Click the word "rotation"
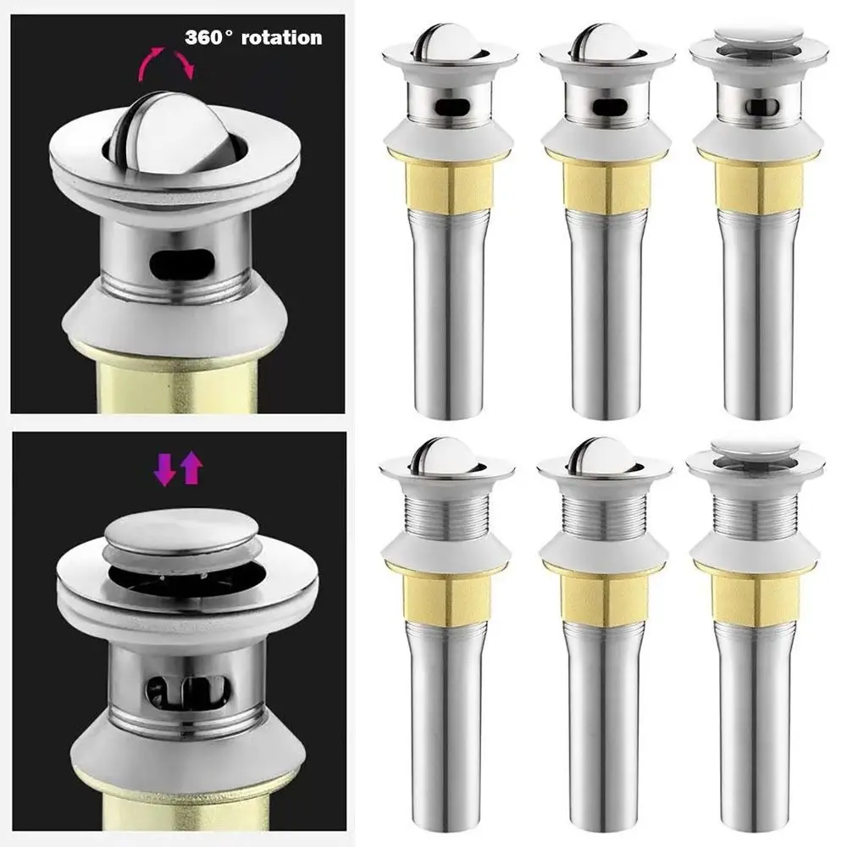(x=281, y=38)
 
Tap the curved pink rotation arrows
(x=167, y=62)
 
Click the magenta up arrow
(x=191, y=468)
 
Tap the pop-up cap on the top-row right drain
(x=758, y=36)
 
